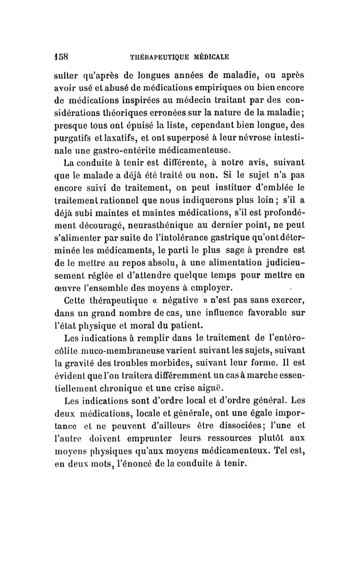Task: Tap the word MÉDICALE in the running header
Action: [x=209, y=57]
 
